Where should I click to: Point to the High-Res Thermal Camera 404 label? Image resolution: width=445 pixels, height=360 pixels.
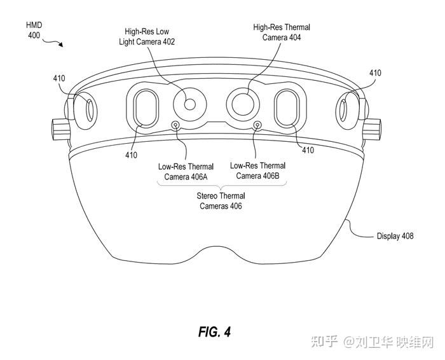282,32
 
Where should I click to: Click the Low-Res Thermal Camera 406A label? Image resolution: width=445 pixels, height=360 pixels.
184,172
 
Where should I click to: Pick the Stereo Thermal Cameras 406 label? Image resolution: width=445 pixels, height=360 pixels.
221,201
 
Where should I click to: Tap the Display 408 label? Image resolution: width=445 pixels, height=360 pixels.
394,236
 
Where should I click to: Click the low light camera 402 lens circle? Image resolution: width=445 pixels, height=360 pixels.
189,104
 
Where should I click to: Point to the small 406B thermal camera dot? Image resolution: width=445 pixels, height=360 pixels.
257,124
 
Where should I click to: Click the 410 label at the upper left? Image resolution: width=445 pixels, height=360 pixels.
59,79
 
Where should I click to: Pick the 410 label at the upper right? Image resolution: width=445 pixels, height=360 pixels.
375,73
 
